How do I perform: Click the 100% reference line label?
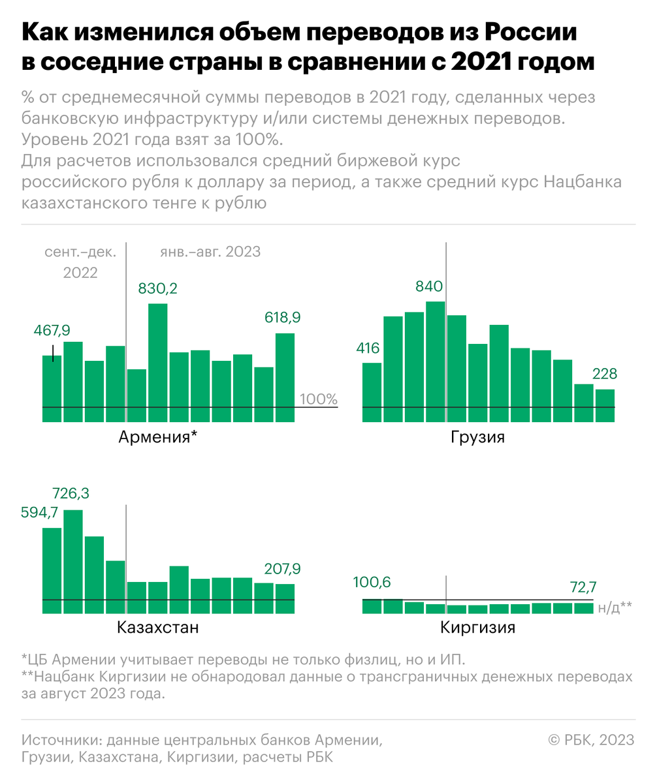pos(319,399)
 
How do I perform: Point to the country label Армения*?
pos(157,437)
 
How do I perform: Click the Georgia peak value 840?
pos(429,286)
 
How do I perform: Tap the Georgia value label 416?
pos(368,348)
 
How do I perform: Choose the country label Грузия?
pos(478,437)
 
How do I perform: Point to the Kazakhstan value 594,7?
pos(40,513)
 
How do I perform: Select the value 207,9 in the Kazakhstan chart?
pos(282,568)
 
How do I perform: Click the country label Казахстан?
pos(157,628)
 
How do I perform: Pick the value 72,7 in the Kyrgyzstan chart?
pos(584,586)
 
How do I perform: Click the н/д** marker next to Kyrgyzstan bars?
pos(615,607)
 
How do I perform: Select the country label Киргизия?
pos(478,628)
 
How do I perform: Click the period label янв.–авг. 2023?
pos(210,252)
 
